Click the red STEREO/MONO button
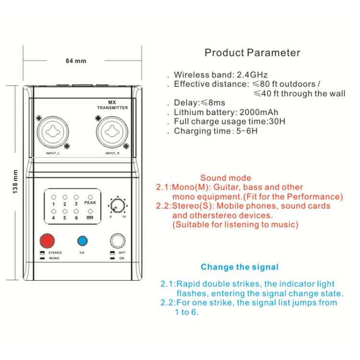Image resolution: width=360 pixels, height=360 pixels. pyautogui.click(x=48, y=240)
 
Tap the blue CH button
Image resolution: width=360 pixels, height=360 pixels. pyautogui.click(x=83, y=241)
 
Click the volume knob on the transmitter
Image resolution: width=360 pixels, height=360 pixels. pyautogui.click(x=118, y=205)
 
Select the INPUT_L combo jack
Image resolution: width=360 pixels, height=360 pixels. pyautogui.click(x=53, y=132)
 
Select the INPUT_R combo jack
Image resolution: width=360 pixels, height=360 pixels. pyautogui.click(x=112, y=132)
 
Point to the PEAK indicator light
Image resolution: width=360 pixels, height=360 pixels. pyautogui.click(x=90, y=197)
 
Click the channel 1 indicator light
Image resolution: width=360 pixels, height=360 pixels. pyautogui.click(x=54, y=197)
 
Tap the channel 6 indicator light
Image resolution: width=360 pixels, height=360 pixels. pyautogui.click(x=76, y=211)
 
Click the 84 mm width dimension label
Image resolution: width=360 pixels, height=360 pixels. pyautogui.click(x=76, y=61)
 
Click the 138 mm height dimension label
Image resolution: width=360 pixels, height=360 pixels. pyautogui.click(x=15, y=181)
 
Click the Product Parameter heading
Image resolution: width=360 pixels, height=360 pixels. pyautogui.click(x=252, y=53)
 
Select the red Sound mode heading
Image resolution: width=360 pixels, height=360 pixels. pyautogui.click(x=226, y=178)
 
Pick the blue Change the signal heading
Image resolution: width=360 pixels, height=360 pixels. pyautogui.click(x=240, y=267)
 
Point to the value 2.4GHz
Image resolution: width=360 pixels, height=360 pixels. pyautogui.click(x=252, y=75)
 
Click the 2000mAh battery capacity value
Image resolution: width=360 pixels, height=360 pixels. pyautogui.click(x=259, y=112)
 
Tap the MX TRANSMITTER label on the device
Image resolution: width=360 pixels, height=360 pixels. pyautogui.click(x=112, y=105)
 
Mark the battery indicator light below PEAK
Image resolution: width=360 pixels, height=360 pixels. pyautogui.click(x=90, y=211)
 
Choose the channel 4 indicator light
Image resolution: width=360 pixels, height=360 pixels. pyautogui.click(x=54, y=211)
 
